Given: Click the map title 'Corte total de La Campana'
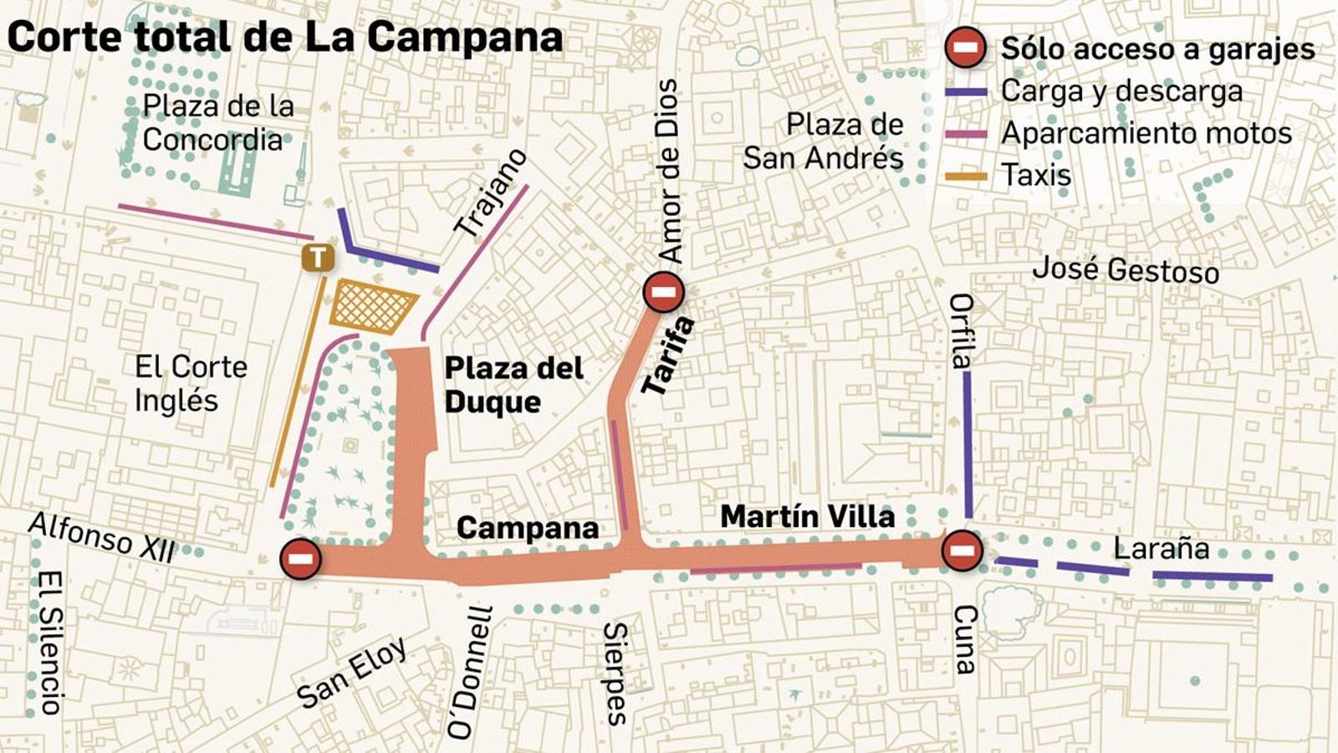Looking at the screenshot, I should tap(284, 37).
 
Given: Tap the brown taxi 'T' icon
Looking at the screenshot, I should tap(318, 257).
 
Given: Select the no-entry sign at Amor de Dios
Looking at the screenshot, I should tap(664, 292).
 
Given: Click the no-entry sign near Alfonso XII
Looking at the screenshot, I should tap(301, 558).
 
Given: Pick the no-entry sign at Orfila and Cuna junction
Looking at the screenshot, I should tap(962, 551).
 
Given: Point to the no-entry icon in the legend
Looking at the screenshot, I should tap(965, 48).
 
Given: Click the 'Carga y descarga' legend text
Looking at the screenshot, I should tap(1121, 91).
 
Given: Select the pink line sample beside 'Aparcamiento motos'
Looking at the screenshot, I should tap(966, 134).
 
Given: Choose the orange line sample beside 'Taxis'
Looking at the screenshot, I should tap(966, 176).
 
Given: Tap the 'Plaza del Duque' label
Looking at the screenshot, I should tap(513, 385).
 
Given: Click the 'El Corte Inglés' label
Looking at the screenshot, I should tap(191, 383).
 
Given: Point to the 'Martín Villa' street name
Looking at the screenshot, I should tap(807, 516).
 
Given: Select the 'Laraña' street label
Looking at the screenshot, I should tap(1161, 549).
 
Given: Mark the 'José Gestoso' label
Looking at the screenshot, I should tap(1126, 269).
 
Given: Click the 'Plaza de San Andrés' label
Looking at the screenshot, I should tap(824, 141).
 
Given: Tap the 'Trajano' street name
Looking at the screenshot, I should tap(491, 192).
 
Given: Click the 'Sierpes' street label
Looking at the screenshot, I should tap(615, 673).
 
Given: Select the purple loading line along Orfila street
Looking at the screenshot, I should tap(968, 443).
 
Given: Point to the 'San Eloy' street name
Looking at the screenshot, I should tap(351, 672).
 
